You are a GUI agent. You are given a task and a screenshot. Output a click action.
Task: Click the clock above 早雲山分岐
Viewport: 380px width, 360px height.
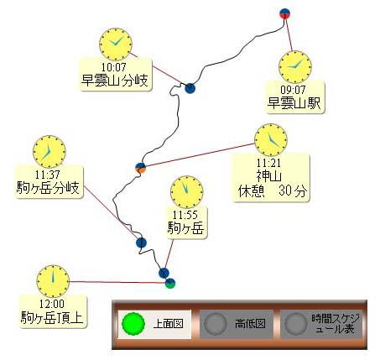tap(116, 44)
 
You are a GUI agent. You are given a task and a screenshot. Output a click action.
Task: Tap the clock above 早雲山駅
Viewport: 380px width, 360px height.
tap(295, 67)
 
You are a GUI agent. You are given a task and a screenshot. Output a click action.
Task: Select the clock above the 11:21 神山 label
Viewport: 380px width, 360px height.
tap(271, 140)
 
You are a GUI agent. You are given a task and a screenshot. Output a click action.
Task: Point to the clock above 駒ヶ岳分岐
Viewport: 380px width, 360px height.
tap(49, 152)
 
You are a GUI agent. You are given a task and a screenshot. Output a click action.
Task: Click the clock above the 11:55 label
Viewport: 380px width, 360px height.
tap(187, 192)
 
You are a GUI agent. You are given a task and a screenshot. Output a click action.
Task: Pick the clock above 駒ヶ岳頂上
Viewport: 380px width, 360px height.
tap(53, 281)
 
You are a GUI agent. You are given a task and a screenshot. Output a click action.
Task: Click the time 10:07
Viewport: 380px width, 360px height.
tap(113, 67)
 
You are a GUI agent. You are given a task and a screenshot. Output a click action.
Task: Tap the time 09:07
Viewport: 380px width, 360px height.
tap(293, 90)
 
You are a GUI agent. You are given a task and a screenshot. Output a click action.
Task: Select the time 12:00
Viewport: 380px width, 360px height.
tap(52, 304)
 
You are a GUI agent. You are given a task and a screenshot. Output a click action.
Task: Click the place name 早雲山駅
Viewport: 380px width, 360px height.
tap(294, 103)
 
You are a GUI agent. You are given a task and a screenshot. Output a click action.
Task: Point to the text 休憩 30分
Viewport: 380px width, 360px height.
tap(272, 191)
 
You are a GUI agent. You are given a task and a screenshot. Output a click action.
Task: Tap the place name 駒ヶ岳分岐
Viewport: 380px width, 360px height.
tap(48, 187)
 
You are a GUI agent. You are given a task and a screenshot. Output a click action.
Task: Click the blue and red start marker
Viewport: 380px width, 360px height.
tap(284, 13)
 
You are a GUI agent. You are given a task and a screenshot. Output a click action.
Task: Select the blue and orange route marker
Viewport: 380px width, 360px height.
tap(141, 168)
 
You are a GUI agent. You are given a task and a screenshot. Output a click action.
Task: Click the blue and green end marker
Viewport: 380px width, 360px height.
tap(170, 284)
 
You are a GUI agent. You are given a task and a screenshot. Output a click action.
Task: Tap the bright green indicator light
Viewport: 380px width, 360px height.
tap(133, 324)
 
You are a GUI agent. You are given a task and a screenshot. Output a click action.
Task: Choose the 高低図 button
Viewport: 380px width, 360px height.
tap(237, 324)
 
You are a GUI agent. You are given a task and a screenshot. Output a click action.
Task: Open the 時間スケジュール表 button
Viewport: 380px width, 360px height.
tap(321, 324)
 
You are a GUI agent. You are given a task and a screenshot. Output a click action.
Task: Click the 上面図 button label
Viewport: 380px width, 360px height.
tap(168, 324)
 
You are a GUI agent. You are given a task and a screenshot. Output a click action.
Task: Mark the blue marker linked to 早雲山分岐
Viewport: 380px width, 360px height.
tap(190, 88)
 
